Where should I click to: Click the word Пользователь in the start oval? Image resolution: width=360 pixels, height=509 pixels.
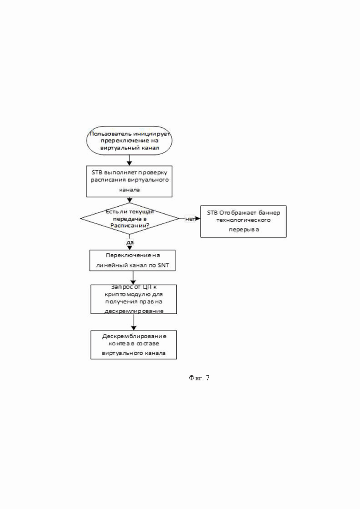106,134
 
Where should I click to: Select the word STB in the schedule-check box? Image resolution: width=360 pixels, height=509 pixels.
97,173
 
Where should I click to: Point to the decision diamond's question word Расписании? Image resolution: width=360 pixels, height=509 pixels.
130,226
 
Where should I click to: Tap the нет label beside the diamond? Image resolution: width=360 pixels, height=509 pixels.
190,219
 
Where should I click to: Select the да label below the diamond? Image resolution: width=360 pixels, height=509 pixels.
130,242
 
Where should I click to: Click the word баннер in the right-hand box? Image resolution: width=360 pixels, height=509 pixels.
269,213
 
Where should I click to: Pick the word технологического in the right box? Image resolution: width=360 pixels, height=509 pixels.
244,220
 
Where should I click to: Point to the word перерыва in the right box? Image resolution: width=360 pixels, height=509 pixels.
244,229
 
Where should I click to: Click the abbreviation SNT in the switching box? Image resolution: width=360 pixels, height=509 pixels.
163,265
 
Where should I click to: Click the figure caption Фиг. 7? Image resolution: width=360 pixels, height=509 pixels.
199,378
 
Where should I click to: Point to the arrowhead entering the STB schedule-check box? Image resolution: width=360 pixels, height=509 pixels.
129,163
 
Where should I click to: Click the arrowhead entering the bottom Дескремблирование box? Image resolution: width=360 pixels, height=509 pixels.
133,328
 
